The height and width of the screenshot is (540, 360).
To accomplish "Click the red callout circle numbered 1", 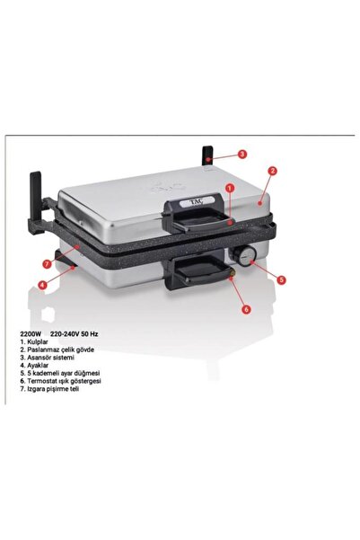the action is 230,188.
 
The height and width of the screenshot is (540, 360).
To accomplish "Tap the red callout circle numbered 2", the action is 272,171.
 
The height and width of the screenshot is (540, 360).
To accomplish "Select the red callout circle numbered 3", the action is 242,154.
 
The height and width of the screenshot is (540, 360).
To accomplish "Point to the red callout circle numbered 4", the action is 42,285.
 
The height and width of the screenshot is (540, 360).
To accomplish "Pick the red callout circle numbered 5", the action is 281,279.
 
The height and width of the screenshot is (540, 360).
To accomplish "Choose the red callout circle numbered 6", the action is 246,309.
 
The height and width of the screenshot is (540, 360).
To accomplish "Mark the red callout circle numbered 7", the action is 48,264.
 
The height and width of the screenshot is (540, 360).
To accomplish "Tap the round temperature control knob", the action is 245,255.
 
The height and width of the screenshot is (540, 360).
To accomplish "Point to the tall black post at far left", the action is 36,200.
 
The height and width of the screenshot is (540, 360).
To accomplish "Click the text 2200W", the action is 31,333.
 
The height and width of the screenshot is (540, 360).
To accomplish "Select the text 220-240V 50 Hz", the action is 74,333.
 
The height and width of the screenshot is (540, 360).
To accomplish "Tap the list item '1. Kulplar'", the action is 34,342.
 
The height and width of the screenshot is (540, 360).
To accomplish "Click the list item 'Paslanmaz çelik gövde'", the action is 57,350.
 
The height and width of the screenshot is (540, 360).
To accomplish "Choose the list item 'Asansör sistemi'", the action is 48,358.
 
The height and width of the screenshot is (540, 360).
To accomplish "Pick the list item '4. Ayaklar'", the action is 34,366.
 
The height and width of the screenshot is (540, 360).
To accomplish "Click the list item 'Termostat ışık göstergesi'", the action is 60,381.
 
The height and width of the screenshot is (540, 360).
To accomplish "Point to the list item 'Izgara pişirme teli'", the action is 49,389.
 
